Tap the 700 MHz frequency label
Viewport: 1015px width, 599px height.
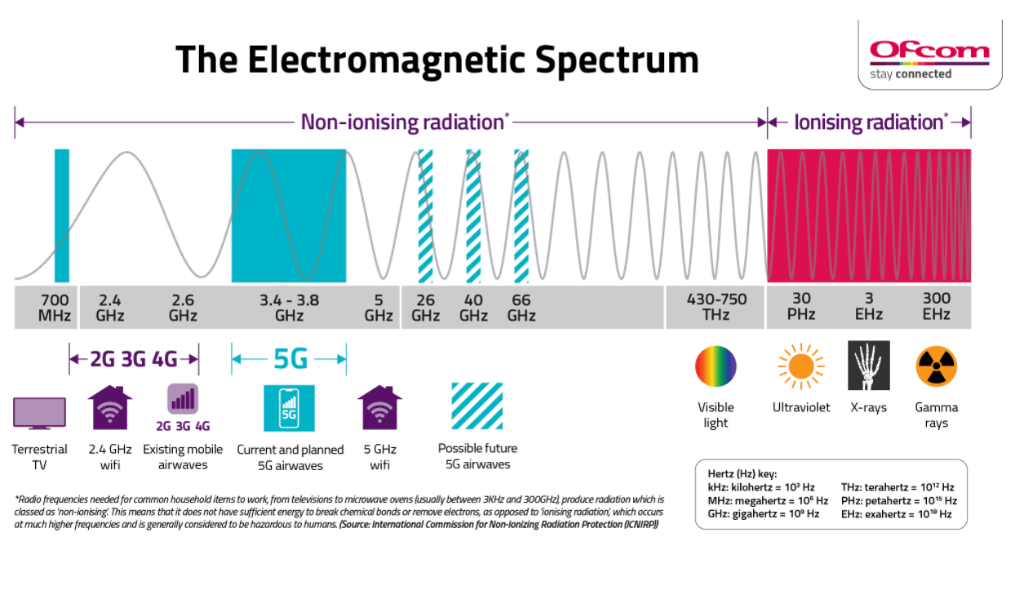click(55, 307)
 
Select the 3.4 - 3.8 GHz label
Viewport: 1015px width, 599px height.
click(289, 307)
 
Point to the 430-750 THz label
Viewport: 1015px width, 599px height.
click(716, 307)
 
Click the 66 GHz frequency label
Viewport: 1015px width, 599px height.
click(521, 307)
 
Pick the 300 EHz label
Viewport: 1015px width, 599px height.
click(936, 307)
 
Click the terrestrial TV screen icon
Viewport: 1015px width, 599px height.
click(39, 413)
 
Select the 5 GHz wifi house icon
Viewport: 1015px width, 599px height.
click(379, 407)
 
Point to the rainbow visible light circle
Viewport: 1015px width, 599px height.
click(716, 366)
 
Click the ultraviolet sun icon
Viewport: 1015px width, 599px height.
click(800, 366)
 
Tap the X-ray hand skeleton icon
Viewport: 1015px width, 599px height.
click(868, 366)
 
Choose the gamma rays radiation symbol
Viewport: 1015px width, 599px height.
click(936, 366)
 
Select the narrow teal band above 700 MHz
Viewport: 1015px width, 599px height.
click(62, 215)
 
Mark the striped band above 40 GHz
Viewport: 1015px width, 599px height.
click(473, 215)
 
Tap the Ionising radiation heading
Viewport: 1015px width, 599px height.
click(868, 122)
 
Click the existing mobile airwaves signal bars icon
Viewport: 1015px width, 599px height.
click(183, 399)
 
